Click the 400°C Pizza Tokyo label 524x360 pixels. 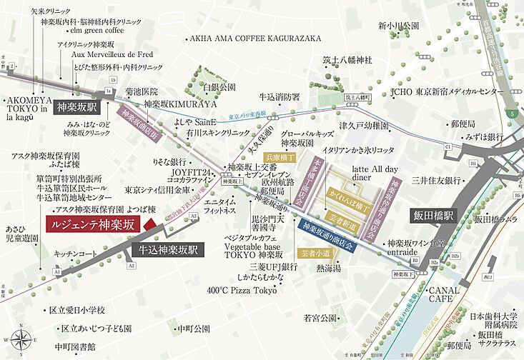tap(242, 291)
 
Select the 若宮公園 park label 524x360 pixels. tap(320, 317)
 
